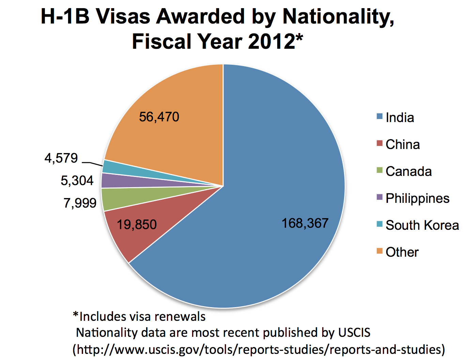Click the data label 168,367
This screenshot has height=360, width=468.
(305, 224)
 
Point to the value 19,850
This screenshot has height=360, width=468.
(137, 225)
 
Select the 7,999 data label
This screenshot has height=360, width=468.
(80, 203)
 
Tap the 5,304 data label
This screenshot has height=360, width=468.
(77, 181)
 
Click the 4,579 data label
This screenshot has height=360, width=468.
(61, 158)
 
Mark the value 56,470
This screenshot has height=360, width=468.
(159, 117)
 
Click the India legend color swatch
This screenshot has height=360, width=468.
(380, 117)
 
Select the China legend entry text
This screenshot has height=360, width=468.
(403, 145)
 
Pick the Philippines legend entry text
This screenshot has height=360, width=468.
(417, 198)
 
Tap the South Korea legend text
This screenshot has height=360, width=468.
(422, 225)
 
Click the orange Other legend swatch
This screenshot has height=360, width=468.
(380, 251)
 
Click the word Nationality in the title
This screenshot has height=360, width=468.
(338, 16)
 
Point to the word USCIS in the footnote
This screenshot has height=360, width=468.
(354, 332)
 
